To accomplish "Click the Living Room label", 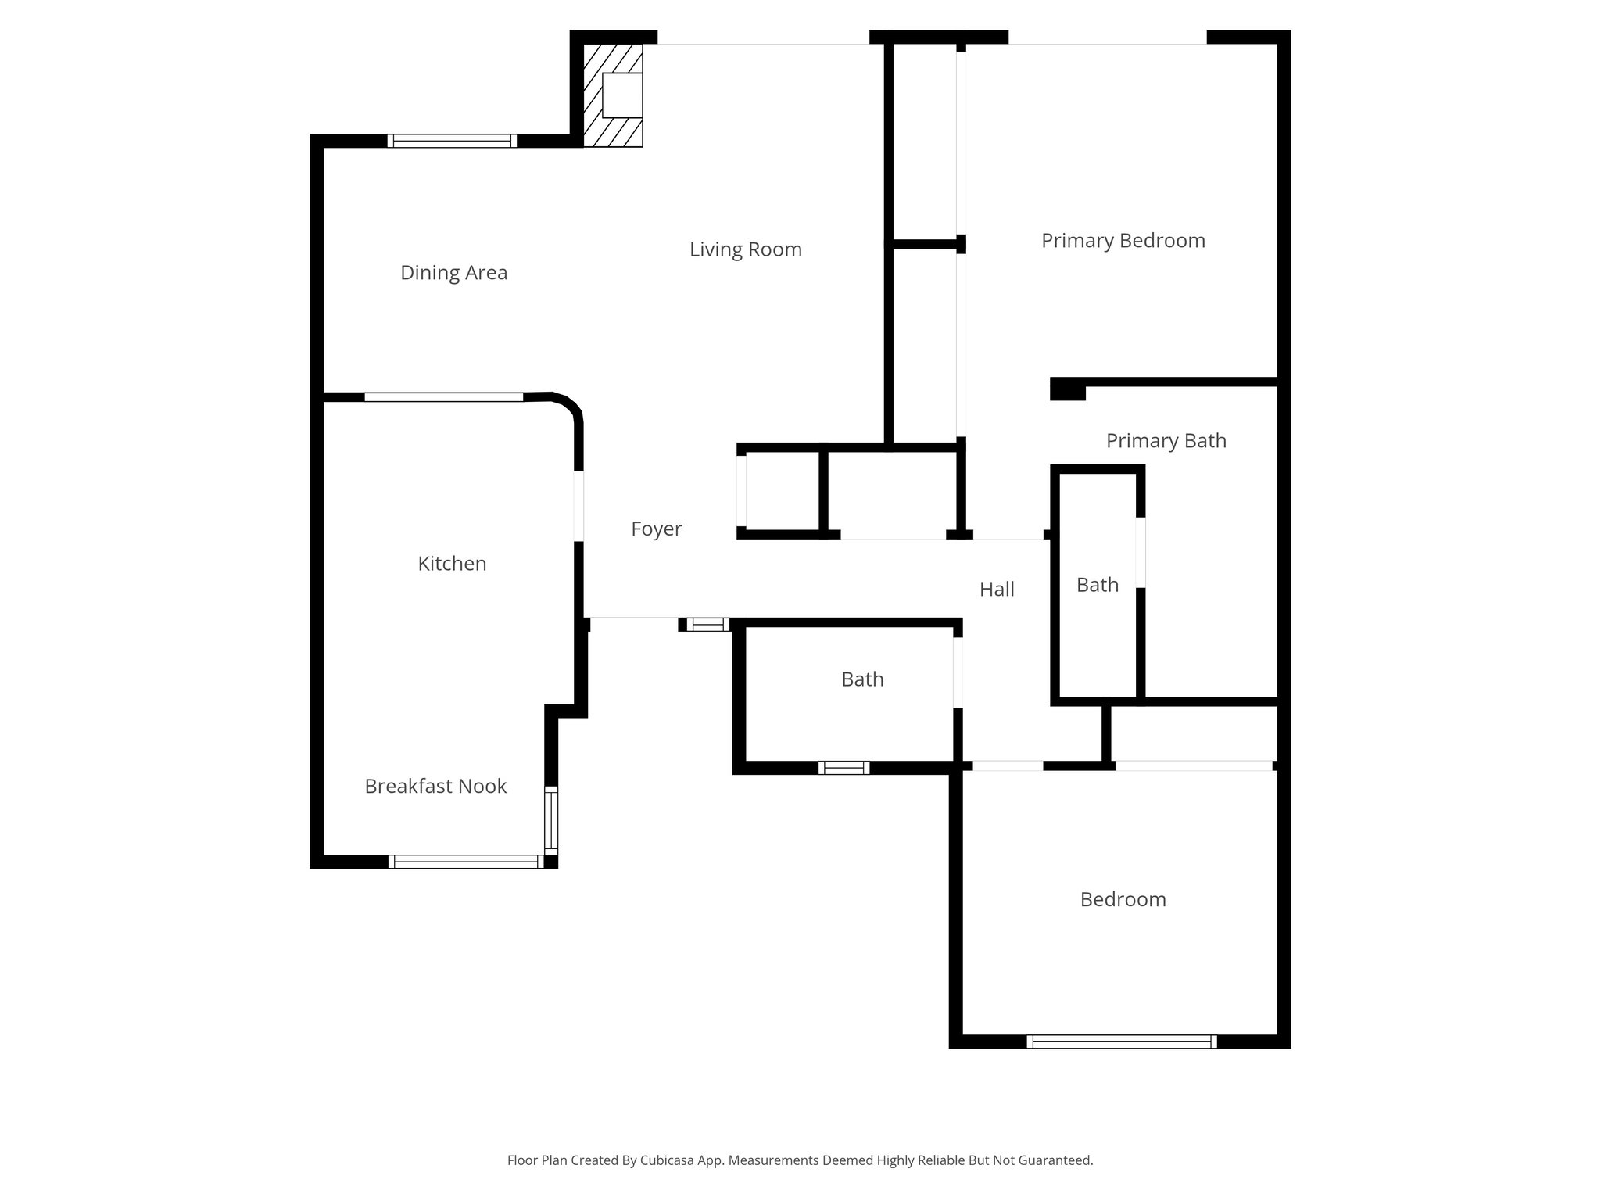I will pyautogui.click(x=745, y=249).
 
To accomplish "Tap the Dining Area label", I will pyautogui.click(x=453, y=273).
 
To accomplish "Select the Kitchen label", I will pyautogui.click(x=452, y=564).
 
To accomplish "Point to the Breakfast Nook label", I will pyautogui.click(x=435, y=787).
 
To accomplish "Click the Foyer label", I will pyautogui.click(x=656, y=529).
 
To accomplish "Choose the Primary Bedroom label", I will pyautogui.click(x=1123, y=241).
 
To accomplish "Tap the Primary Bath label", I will pyautogui.click(x=1166, y=441).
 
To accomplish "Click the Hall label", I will pyautogui.click(x=997, y=590).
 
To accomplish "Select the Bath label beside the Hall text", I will pyautogui.click(x=1097, y=585).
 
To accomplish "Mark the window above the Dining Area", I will pyautogui.click(x=452, y=141).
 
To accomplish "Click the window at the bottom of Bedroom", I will pyautogui.click(x=1121, y=1041).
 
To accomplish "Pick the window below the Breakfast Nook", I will pyautogui.click(x=465, y=862).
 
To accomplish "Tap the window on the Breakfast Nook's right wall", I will pyautogui.click(x=551, y=820).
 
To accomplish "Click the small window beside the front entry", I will pyautogui.click(x=707, y=624).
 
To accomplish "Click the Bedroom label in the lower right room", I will pyautogui.click(x=1123, y=900).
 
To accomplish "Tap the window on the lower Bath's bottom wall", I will pyautogui.click(x=843, y=768).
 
